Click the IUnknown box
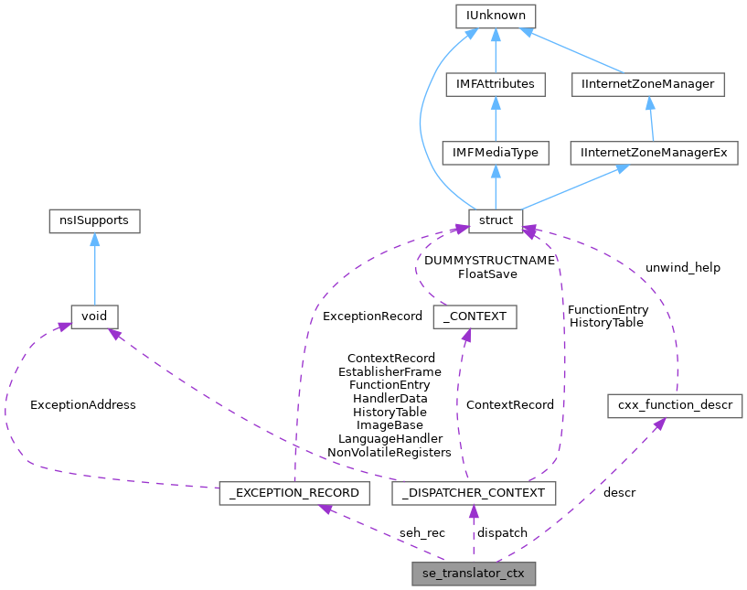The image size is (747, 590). coord(495,16)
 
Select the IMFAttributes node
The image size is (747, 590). coord(495,84)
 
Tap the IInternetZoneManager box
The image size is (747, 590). coord(648,84)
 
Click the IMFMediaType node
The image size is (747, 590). coord(495,153)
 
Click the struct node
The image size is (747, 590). coord(495,220)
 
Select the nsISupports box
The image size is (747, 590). coord(94,220)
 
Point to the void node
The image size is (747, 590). coord(94,316)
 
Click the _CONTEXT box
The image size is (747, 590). coord(475,316)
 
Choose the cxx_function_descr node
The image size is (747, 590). coord(675,405)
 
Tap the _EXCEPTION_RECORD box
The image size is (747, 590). coord(295,493)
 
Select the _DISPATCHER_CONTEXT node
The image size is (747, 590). coord(474,493)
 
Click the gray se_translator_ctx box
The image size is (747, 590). coord(474,574)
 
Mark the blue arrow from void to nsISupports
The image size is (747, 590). coord(94,269)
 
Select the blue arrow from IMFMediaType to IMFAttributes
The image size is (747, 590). coord(495,119)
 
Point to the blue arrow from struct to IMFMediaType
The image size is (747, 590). coord(495,187)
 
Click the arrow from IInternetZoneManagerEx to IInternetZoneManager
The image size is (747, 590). coord(650,119)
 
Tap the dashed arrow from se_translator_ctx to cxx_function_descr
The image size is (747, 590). coord(594,494)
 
